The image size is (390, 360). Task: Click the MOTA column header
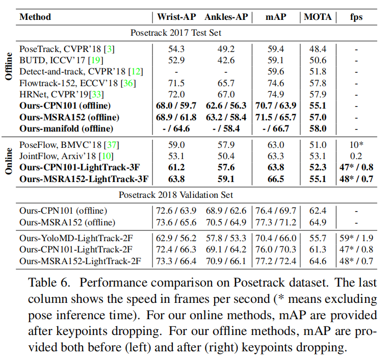click(x=318, y=17)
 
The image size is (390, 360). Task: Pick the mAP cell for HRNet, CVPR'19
click(x=276, y=94)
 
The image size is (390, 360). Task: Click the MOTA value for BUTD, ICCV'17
click(x=318, y=60)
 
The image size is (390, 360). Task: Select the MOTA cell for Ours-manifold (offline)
click(x=318, y=128)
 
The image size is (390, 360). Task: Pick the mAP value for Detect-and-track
click(x=276, y=71)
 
